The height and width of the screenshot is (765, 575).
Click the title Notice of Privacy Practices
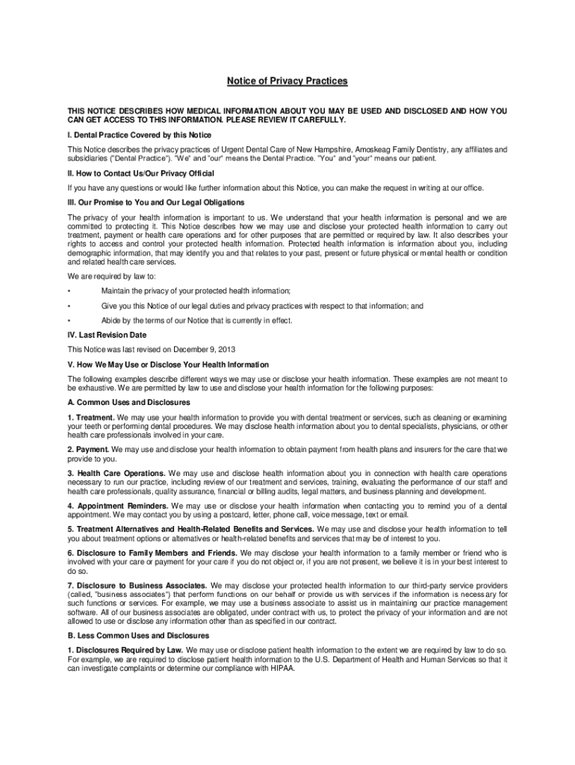coord(287,81)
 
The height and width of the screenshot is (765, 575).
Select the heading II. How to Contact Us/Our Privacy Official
coord(141,173)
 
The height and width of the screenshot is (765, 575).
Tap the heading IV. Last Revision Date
coord(107,335)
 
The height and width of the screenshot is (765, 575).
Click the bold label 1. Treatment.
coord(91,417)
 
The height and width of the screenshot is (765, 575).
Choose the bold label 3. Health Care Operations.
coord(116,474)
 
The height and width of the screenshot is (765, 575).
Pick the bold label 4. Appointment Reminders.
coord(117,506)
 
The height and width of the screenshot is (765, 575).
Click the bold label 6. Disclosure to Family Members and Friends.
coord(152,553)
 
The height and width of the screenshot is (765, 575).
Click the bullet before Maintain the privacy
coord(69,291)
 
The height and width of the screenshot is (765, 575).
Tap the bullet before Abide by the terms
coord(69,320)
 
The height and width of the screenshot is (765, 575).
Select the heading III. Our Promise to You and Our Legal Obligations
coord(155,202)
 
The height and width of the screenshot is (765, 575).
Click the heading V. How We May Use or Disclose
coord(168,365)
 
